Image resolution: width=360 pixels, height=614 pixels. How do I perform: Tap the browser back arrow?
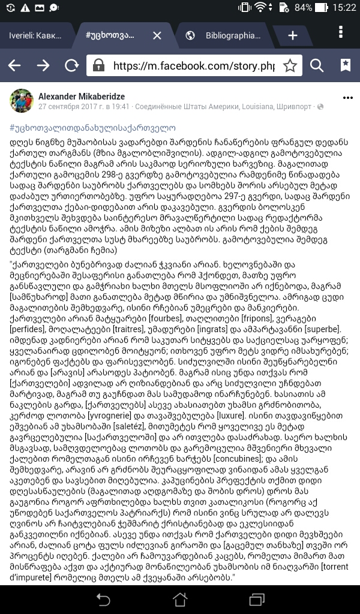point(14,65)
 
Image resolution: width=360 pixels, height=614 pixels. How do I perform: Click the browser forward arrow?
point(43,65)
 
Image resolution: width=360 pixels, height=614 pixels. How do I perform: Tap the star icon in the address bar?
point(290,65)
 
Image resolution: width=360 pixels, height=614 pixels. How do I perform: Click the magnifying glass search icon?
point(317,65)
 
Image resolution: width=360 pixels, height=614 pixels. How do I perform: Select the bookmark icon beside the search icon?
point(346,65)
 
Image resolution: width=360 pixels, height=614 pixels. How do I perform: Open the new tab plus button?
point(293,35)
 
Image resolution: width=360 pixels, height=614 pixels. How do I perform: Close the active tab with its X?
point(157,35)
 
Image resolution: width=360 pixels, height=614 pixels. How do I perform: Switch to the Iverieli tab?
point(35,35)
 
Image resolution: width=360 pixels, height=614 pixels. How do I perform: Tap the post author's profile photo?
point(21,101)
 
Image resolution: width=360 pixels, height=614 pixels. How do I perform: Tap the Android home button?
point(179,599)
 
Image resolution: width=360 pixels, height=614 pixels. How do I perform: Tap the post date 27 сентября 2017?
point(66,107)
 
